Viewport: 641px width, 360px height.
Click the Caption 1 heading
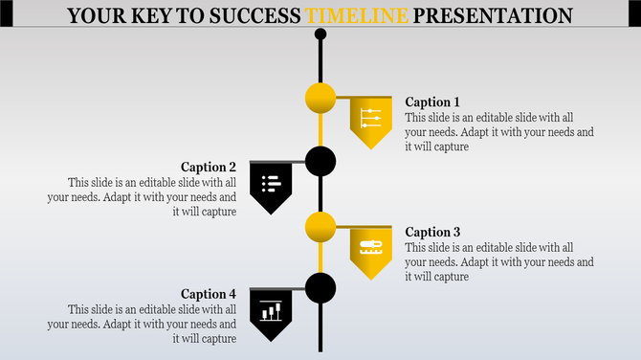[432, 102]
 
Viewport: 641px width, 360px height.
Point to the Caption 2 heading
[209, 167]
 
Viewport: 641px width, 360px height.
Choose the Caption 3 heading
[432, 232]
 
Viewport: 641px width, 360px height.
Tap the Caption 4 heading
[209, 294]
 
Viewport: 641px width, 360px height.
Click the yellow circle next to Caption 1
[320, 98]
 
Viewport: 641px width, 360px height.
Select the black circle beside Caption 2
[320, 162]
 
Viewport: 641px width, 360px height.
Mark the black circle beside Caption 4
[320, 287]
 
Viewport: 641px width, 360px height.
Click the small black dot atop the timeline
[320, 34]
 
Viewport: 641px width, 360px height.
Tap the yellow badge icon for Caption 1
[371, 120]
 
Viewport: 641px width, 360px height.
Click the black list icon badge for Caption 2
[271, 185]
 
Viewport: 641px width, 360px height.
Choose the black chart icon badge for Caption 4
[271, 311]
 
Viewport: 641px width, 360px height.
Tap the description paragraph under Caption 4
[142, 324]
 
